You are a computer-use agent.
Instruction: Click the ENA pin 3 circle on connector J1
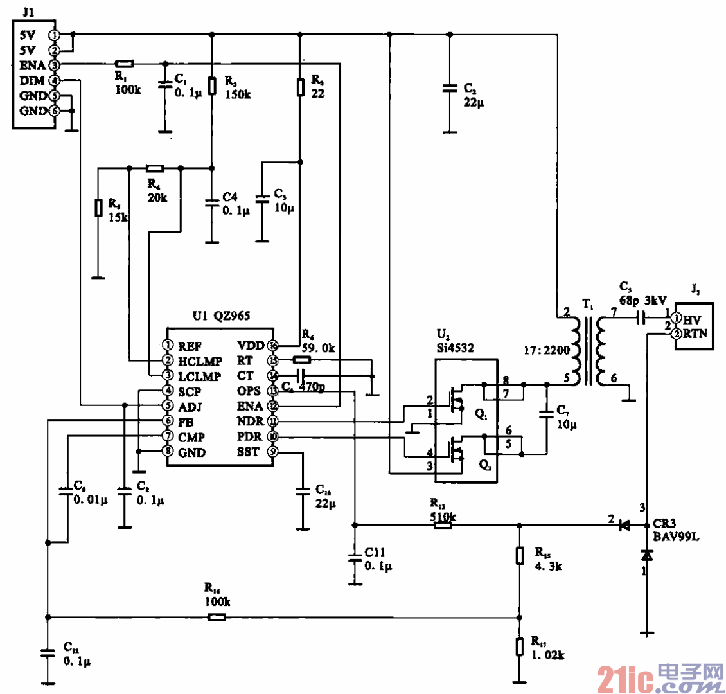tap(55, 65)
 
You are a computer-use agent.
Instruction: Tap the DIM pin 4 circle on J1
tap(55, 80)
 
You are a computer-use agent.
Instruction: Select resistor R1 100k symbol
tap(124, 64)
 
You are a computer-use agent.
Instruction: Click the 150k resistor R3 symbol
tap(212, 85)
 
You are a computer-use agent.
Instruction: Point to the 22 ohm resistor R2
tap(299, 87)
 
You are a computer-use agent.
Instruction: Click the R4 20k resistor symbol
tap(155, 168)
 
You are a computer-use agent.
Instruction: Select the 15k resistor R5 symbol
tap(98, 208)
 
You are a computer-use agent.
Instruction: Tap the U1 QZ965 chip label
tap(220, 316)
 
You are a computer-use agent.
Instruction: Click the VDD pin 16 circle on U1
tap(272, 344)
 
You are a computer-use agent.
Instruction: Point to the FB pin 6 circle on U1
tap(168, 421)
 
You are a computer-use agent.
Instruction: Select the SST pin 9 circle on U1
tap(272, 452)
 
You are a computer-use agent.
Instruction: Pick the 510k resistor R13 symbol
tap(443, 525)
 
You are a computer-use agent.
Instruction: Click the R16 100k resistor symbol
tap(217, 618)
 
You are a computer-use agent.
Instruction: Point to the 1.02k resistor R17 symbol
tap(520, 646)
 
